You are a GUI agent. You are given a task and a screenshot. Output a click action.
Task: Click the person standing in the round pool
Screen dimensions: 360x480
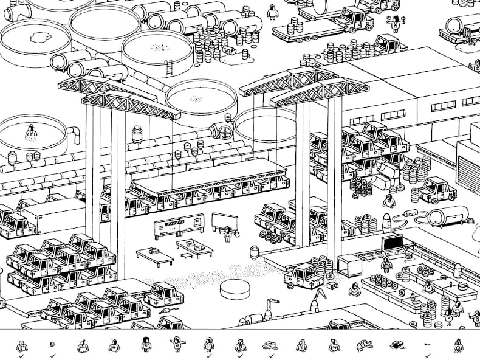click(x=28, y=131)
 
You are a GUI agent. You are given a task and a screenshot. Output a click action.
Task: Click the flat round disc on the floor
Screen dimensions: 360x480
click(x=234, y=288)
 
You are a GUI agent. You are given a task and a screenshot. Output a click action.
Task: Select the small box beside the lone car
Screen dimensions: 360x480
click(x=331, y=285)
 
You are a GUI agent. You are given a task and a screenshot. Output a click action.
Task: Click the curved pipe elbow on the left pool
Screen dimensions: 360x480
click(x=74, y=133)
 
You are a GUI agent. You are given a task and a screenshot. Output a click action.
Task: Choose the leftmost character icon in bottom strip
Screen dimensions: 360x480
click(x=21, y=346)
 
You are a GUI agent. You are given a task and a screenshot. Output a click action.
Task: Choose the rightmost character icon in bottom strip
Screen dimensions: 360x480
click(x=458, y=346)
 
